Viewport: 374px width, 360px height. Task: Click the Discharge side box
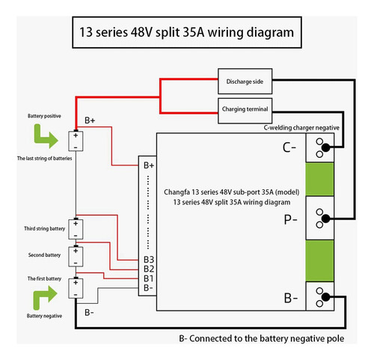[x=245, y=82]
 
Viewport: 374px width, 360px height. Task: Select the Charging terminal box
[x=245, y=111]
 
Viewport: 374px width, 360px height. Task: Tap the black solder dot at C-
[x=325, y=148]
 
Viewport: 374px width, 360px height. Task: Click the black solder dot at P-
[x=325, y=219]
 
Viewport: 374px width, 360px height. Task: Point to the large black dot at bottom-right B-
[x=325, y=297]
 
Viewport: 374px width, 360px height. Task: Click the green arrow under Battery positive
[x=46, y=136]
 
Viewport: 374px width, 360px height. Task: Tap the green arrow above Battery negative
[x=45, y=298]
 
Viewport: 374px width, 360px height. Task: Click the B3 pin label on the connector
[x=149, y=260]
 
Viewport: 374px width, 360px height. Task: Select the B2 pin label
[x=149, y=269]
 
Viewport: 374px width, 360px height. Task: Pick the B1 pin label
[x=149, y=278]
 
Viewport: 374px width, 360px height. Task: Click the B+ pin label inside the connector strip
[x=149, y=165]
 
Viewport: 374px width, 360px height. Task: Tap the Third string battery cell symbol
[x=76, y=229]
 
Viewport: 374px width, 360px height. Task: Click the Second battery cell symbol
[x=76, y=257]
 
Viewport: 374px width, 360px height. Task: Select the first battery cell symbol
[x=76, y=288]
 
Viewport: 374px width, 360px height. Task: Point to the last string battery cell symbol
[x=76, y=141]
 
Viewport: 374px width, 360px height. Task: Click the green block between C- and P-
[x=319, y=179]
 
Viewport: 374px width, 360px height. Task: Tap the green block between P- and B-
[x=319, y=261]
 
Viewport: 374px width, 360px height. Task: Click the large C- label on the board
[x=289, y=147]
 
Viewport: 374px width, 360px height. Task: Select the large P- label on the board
[x=290, y=219]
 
